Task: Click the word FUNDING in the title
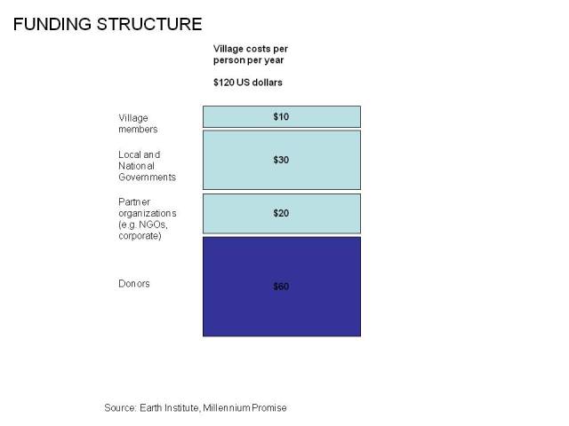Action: pos(52,24)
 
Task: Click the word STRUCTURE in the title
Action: pos(149,24)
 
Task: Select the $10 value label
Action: pos(281,116)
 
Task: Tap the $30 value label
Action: pos(281,160)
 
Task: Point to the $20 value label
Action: pos(281,213)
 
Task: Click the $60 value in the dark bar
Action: pos(281,287)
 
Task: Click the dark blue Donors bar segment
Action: pos(282,287)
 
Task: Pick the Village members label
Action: pos(138,123)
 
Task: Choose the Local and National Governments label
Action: pos(147,166)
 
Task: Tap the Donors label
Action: pos(134,284)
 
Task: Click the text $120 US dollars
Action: pos(248,83)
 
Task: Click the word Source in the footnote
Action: pos(120,408)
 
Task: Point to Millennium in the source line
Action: pos(227,408)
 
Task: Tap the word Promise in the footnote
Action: pos(269,408)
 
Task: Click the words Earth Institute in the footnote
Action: pos(169,408)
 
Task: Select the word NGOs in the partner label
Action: pos(153,225)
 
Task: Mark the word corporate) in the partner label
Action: pos(140,236)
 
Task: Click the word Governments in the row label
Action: pos(147,177)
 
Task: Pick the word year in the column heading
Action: pos(274,60)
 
